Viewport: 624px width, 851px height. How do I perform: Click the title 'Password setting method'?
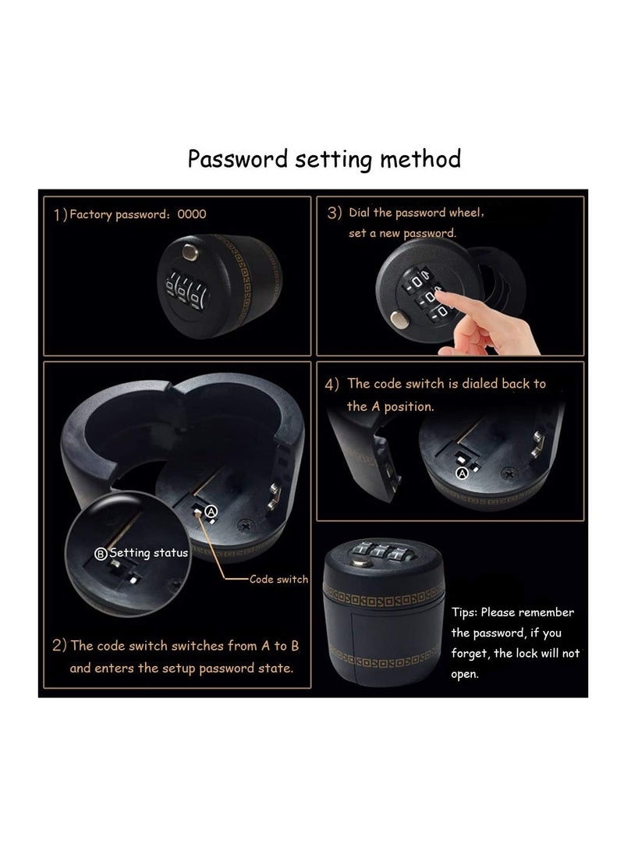coord(324,159)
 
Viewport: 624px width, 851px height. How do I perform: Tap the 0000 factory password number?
coord(192,215)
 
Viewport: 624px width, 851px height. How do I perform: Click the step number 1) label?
coord(60,215)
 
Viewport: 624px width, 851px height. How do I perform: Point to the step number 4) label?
coord(332,385)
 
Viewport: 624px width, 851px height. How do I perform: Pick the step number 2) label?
coord(59,646)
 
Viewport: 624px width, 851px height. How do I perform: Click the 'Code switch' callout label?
coord(278,580)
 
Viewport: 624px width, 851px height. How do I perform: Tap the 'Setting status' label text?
coord(148,553)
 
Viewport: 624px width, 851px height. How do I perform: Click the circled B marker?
coord(100,554)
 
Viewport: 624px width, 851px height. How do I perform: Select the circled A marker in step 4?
coord(461,473)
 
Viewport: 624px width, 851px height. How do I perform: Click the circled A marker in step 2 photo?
coord(210,511)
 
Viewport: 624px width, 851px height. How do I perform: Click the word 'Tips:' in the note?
coord(466,612)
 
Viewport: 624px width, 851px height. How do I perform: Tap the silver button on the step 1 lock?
coord(187,251)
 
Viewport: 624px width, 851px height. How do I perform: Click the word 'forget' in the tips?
coord(468,654)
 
